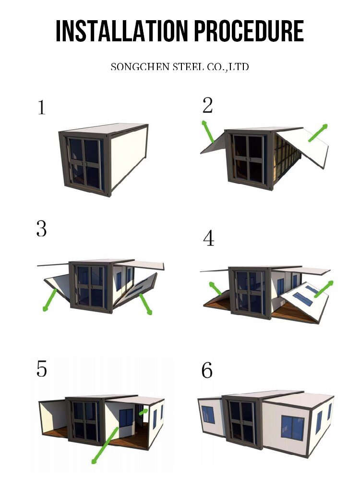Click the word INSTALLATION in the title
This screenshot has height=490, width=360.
pyautogui.click(x=122, y=31)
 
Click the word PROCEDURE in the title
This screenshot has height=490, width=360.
pyautogui.click(x=249, y=31)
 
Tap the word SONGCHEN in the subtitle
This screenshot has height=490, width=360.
pyautogui.click(x=140, y=67)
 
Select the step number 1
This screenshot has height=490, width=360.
pyautogui.click(x=42, y=108)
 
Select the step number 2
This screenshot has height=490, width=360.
pyautogui.click(x=208, y=105)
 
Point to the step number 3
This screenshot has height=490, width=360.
pyautogui.click(x=42, y=229)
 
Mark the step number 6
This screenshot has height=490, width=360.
pyautogui.click(x=207, y=370)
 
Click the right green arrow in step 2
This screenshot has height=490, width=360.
pyautogui.click(x=318, y=133)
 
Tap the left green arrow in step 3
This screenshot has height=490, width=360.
pyautogui.click(x=49, y=300)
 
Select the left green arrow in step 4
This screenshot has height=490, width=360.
pyautogui.click(x=216, y=288)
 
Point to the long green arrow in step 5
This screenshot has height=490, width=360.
pyautogui.click(x=105, y=445)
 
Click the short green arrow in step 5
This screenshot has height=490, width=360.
pyautogui.click(x=144, y=412)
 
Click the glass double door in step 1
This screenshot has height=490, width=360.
pyautogui.click(x=84, y=162)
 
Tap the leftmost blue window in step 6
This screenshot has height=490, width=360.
pyautogui.click(x=208, y=415)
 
